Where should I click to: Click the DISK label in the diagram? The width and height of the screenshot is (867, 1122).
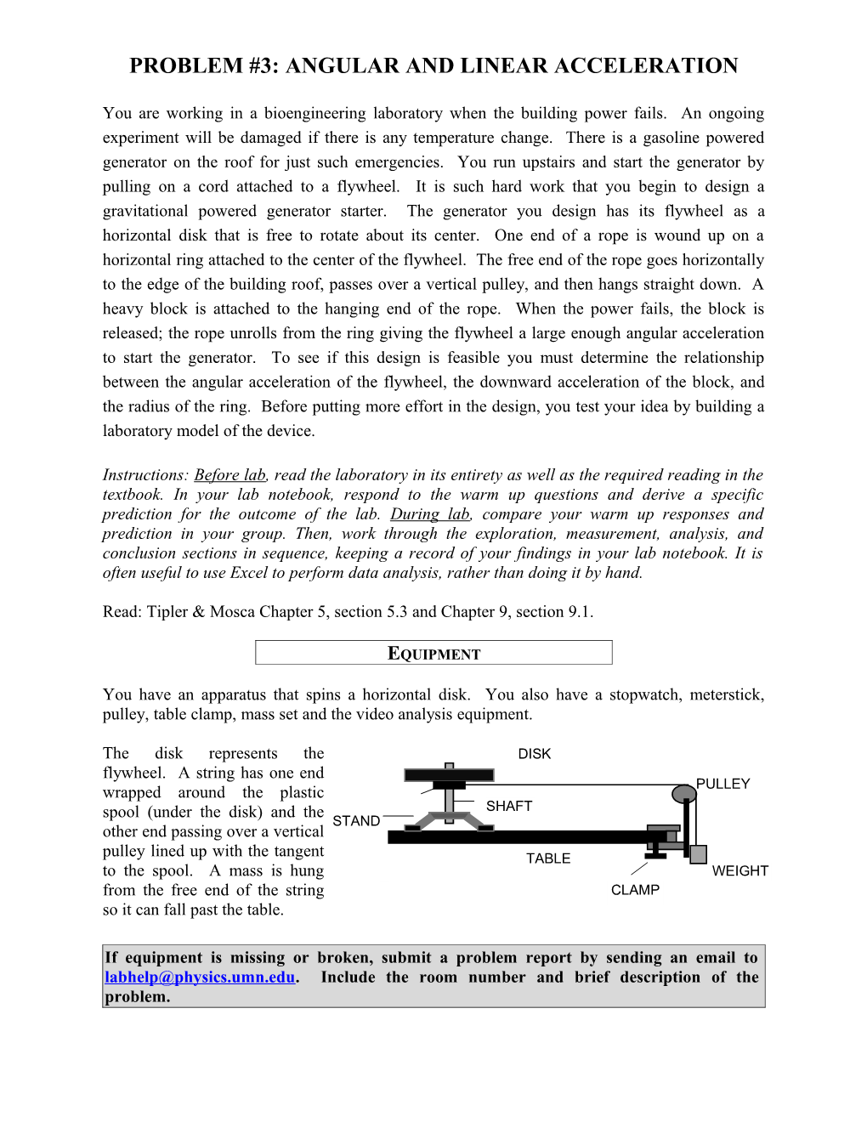click(x=535, y=754)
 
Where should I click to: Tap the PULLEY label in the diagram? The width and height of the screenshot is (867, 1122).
click(x=723, y=784)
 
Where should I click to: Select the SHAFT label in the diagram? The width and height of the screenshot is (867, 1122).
click(x=509, y=806)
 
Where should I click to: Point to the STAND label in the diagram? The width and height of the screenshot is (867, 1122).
click(x=356, y=821)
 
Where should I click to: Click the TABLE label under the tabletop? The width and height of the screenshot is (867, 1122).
click(x=548, y=858)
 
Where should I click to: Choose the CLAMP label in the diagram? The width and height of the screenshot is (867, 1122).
click(x=635, y=890)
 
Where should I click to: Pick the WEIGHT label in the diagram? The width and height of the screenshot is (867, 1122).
click(x=739, y=871)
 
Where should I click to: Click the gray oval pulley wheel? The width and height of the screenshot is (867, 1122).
click(x=684, y=795)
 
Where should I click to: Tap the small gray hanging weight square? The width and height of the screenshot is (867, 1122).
click(x=699, y=854)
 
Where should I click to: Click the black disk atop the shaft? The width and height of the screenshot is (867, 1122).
click(x=449, y=774)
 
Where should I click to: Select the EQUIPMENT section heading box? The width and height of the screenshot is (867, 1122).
click(x=433, y=653)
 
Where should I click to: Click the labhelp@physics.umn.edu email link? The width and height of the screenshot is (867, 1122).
click(x=200, y=977)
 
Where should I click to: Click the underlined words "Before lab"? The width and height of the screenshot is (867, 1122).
click(x=229, y=475)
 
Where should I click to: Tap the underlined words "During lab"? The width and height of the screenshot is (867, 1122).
click(x=430, y=514)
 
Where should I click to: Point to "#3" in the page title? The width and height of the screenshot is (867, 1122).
click(x=264, y=66)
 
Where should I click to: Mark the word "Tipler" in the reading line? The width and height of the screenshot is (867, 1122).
click(x=167, y=612)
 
